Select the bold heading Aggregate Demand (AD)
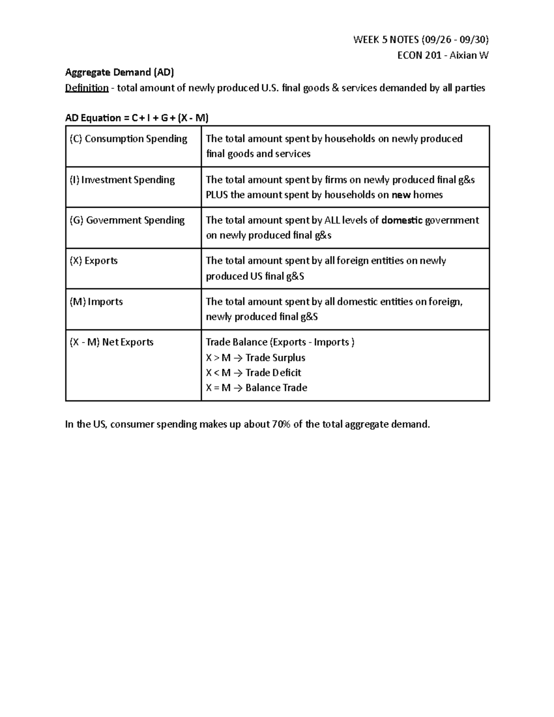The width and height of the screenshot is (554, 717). [x=120, y=72]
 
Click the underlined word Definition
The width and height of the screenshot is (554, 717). [x=87, y=88]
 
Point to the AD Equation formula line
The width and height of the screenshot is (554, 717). [x=137, y=118]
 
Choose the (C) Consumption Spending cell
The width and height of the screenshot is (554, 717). [x=128, y=139]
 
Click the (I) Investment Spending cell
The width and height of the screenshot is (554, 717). [x=122, y=180]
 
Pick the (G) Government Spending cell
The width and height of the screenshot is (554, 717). [x=127, y=220]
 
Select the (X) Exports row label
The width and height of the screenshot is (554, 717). [x=94, y=261]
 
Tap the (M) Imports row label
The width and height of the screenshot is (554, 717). [x=96, y=302]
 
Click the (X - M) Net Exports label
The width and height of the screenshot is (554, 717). [x=111, y=342]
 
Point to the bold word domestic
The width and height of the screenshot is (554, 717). [x=402, y=220]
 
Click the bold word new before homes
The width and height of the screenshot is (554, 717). [x=401, y=195]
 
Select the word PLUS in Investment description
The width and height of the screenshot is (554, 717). [x=217, y=195]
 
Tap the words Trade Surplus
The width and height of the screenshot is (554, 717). [x=275, y=358]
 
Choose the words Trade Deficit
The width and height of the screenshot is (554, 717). [x=273, y=373]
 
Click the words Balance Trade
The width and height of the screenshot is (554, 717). [x=276, y=388]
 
